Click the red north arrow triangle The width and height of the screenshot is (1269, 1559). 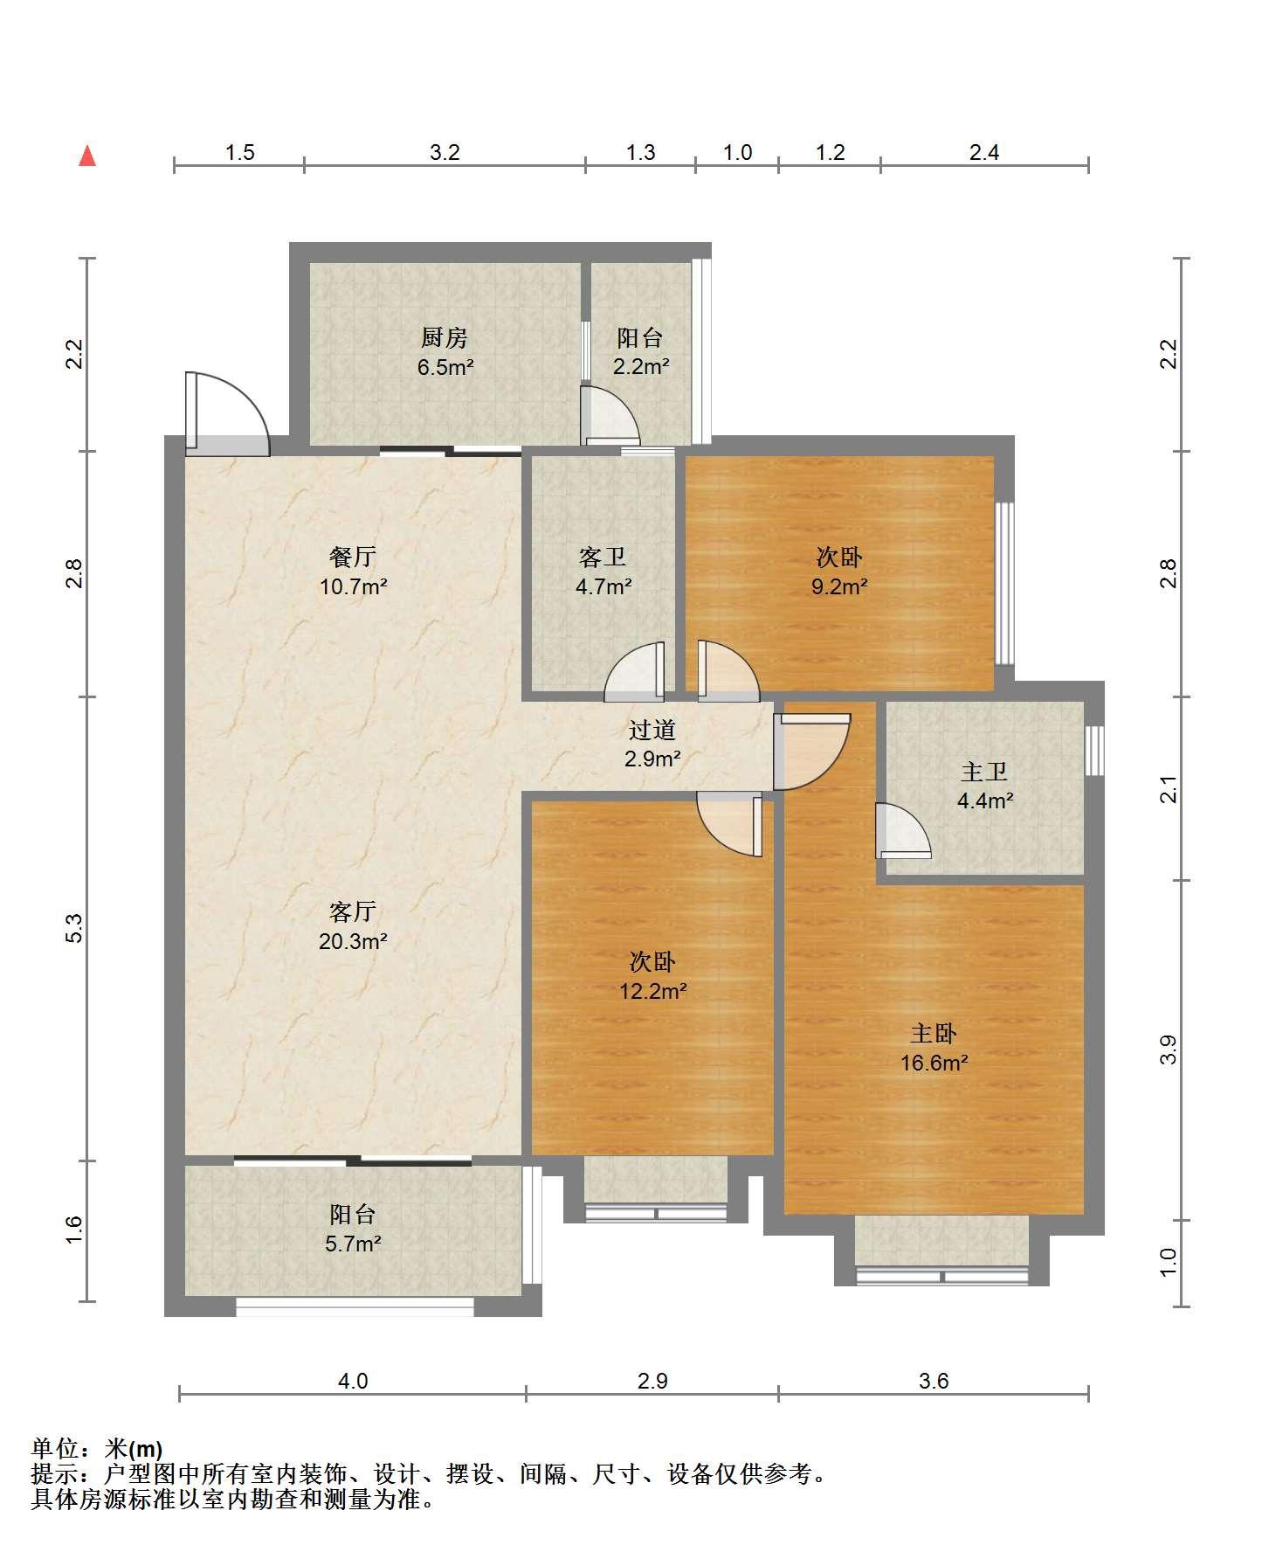point(87,156)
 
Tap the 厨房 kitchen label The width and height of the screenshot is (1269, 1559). point(445,337)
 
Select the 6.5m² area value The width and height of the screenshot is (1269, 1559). point(445,367)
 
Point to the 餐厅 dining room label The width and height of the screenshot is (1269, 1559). point(353,557)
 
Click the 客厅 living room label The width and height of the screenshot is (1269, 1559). point(353,912)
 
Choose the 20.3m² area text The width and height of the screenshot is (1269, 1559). point(353,942)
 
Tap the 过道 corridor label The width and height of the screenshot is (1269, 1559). point(652,730)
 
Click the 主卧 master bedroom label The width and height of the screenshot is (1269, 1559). point(934,1034)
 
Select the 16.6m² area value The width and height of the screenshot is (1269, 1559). point(935,1064)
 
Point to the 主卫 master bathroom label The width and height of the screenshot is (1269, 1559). point(984,772)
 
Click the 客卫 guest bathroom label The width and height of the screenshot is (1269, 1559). point(603,557)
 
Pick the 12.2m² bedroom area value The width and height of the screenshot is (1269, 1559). point(652,992)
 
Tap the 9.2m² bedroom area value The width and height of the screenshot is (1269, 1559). point(839,587)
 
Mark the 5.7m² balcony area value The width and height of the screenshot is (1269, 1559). point(353,1244)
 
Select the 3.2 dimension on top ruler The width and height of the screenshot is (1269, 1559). point(445,153)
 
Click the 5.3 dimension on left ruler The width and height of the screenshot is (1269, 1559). point(74,928)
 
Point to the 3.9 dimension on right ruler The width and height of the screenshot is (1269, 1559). point(1169,1050)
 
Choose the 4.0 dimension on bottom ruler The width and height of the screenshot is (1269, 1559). point(353,1382)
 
